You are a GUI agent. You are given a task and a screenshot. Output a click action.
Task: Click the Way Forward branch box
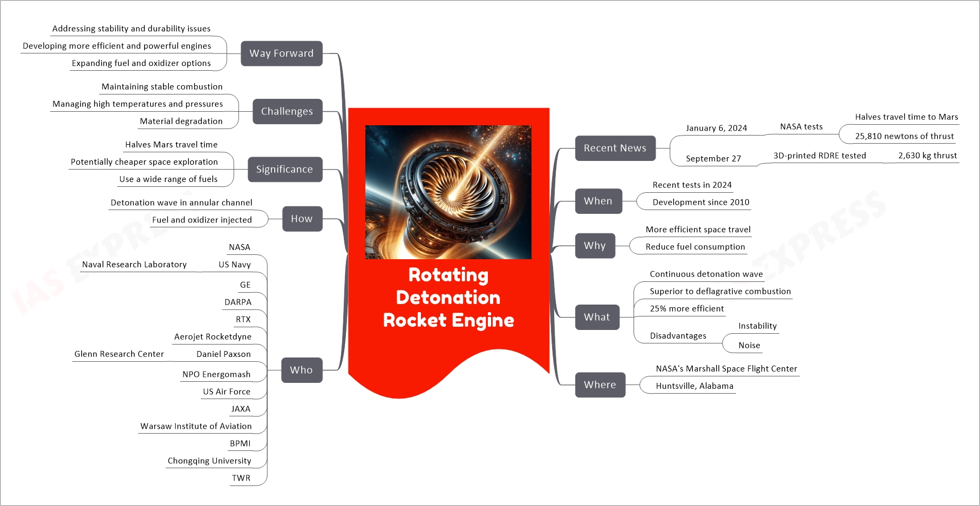281,53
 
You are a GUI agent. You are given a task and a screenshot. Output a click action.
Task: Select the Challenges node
287,111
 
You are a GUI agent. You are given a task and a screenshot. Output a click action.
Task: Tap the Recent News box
615,148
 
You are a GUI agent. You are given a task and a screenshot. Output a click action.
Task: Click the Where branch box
600,384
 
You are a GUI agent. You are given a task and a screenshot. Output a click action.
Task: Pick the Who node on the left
301,370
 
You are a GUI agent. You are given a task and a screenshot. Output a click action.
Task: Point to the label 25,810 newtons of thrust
904,136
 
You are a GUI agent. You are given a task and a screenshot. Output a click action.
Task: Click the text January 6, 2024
716,128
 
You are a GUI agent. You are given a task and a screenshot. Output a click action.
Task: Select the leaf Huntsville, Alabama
694,386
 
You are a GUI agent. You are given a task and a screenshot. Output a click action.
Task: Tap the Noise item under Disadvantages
749,345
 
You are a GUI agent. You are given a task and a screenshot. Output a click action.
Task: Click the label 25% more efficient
686,308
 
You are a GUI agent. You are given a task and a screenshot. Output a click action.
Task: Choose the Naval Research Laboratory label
134,264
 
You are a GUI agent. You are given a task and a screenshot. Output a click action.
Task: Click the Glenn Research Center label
119,354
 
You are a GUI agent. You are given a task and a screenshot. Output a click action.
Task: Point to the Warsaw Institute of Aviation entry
196,426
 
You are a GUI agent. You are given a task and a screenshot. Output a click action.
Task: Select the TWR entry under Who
241,478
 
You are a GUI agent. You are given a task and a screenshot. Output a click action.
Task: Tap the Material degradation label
181,121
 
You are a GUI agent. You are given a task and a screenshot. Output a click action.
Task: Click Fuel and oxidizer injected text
202,220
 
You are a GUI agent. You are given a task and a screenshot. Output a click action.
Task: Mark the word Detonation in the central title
448,298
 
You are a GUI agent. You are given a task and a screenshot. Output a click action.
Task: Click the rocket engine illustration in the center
448,192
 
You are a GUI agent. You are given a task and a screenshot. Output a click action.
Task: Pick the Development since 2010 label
700,202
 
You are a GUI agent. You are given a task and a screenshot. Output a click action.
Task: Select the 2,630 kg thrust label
927,156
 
